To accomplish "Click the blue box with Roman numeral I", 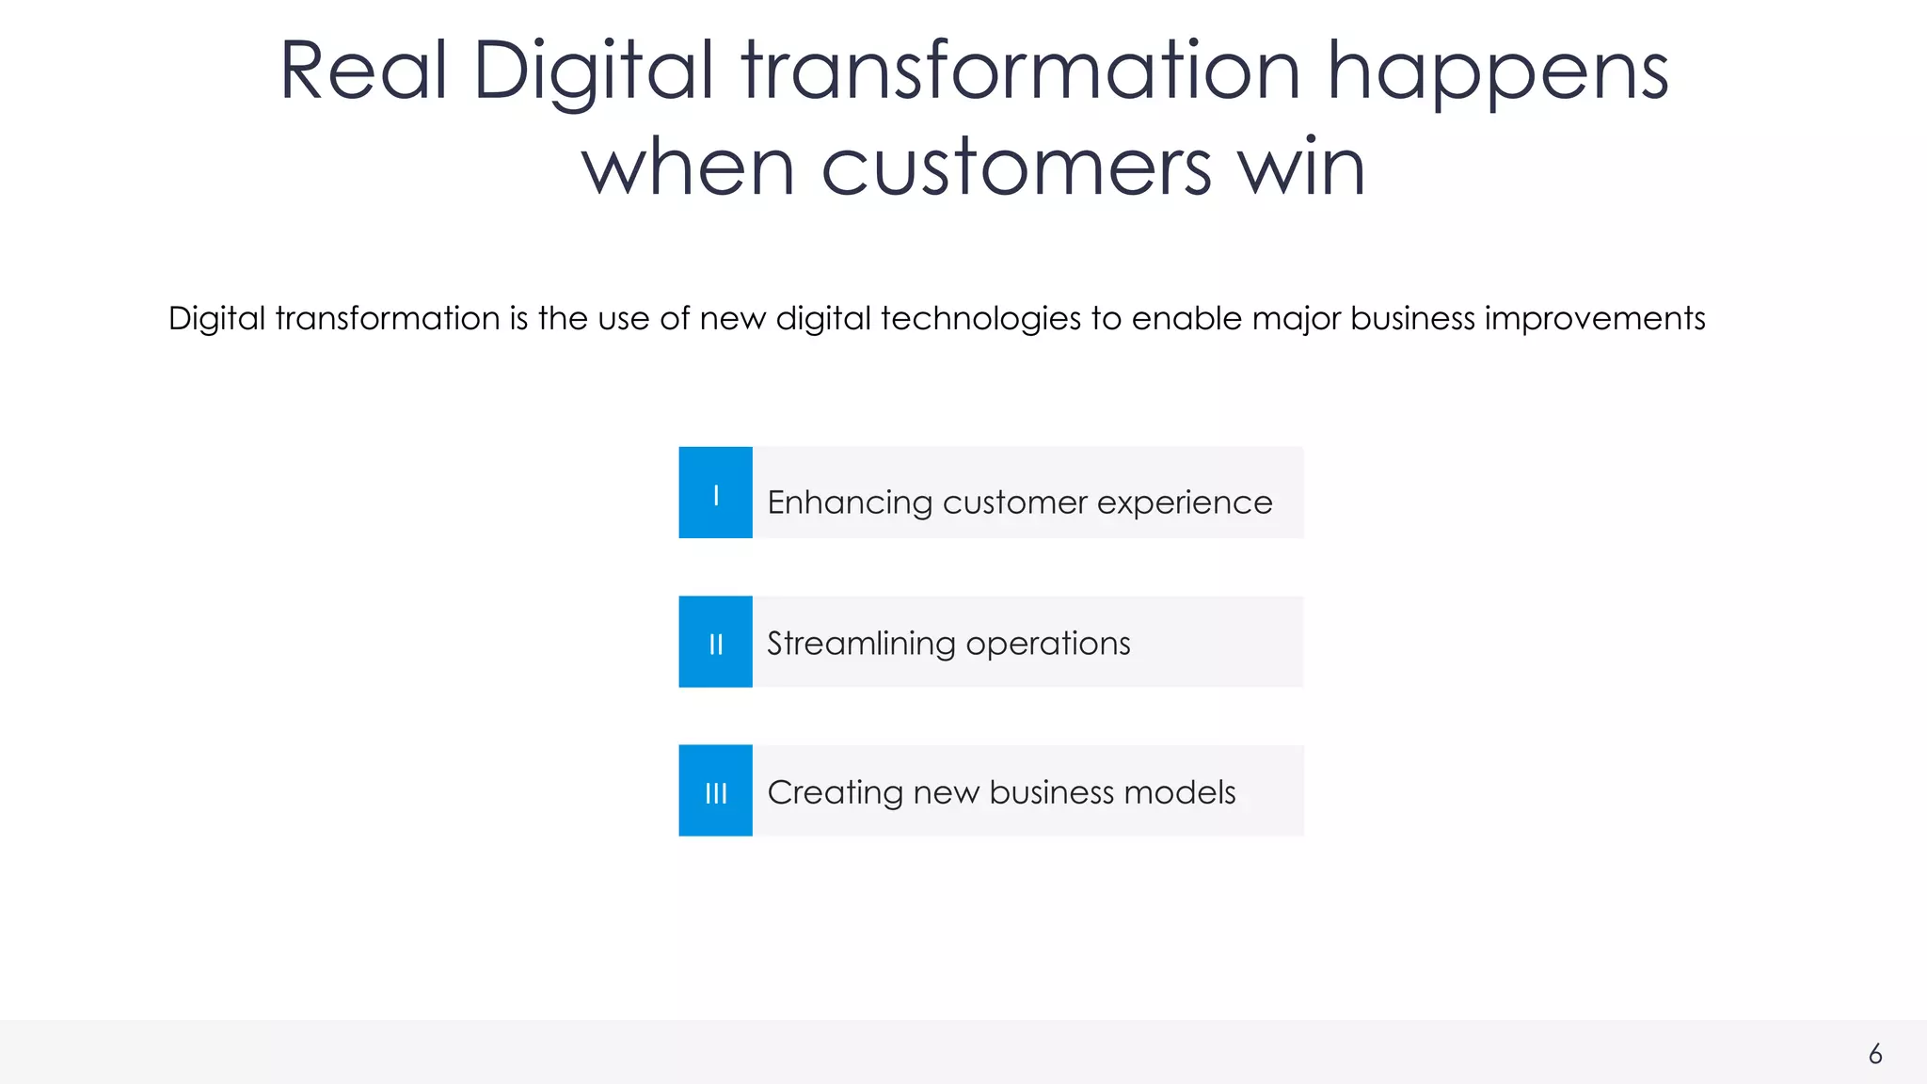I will [715, 493].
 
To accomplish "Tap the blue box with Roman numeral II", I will [715, 642].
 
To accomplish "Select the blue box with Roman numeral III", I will [715, 790].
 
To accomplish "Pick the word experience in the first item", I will [1185, 503].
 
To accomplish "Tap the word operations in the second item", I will [1047, 644].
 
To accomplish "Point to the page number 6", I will [1875, 1054].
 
